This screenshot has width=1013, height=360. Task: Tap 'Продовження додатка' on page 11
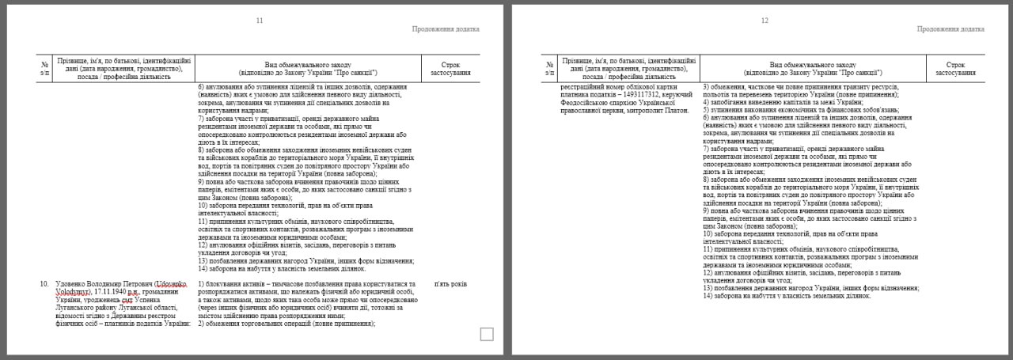(446, 29)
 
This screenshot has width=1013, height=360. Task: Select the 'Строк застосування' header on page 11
(450, 67)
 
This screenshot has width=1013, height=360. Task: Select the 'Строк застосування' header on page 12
(955, 67)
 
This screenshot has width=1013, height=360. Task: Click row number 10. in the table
(44, 283)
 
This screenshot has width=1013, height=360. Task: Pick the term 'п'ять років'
(450, 283)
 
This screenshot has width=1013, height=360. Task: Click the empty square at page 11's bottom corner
(487, 335)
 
